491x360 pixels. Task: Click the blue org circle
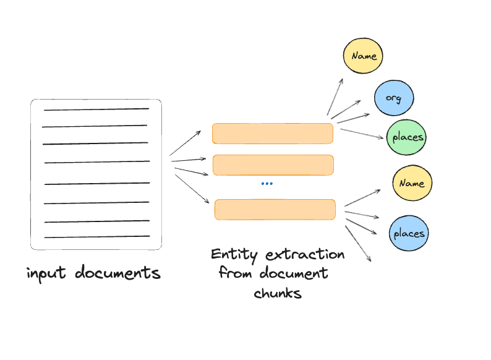tap(393, 98)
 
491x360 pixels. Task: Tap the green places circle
tap(406, 137)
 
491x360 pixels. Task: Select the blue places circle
tap(409, 233)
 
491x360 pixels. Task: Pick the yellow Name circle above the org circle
tap(364, 56)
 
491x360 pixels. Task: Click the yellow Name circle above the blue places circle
tap(412, 183)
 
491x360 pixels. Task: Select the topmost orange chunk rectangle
tap(273, 134)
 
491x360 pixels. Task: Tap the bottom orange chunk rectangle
tap(275, 210)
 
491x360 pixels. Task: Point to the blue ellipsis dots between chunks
tap(267, 184)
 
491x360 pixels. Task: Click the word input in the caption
tap(48, 273)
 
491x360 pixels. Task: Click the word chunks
tap(278, 293)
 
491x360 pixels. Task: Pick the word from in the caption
tap(235, 273)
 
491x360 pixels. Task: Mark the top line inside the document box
tap(96, 109)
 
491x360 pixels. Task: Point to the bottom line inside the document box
tap(96, 236)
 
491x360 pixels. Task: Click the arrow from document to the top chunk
tap(185, 143)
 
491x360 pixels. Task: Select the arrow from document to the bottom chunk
tap(192, 189)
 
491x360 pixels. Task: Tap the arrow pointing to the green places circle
tap(361, 134)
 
